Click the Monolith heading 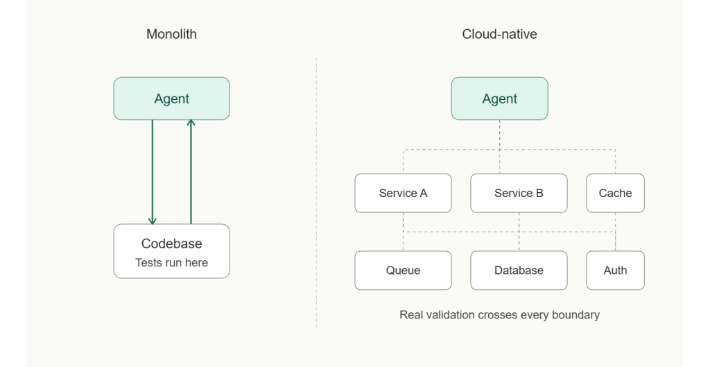click(x=171, y=34)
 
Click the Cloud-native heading click(x=499, y=34)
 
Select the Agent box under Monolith click(x=171, y=99)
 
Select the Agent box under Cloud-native click(x=499, y=99)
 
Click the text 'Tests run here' click(x=171, y=263)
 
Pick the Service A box click(x=403, y=193)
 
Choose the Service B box click(x=519, y=193)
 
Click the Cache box click(x=615, y=193)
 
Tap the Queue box click(x=403, y=270)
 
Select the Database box click(x=519, y=270)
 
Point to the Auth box click(x=615, y=270)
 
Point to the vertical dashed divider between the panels click(x=317, y=194)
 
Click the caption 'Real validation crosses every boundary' click(x=499, y=315)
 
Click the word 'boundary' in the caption click(x=575, y=315)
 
